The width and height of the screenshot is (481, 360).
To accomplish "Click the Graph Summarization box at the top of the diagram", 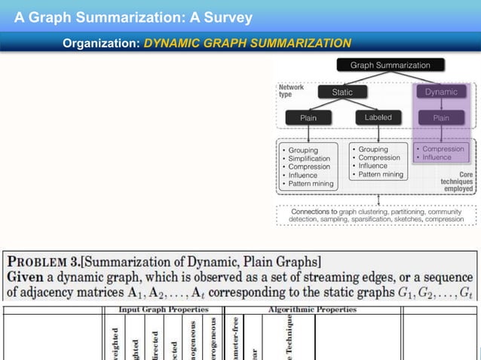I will [390, 66].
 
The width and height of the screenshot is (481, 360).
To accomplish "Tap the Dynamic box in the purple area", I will [441, 92].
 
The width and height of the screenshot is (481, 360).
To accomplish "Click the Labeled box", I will [378, 117].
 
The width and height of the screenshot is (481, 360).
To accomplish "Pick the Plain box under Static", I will [308, 117].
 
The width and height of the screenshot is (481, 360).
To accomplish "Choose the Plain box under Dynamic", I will [441, 117].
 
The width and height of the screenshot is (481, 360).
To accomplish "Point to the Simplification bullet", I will [309, 159].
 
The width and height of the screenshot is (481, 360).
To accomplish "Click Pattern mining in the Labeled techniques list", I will [381, 175].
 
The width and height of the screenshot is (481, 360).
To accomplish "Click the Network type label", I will [291, 91].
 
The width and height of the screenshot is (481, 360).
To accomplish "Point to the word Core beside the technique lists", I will [466, 174].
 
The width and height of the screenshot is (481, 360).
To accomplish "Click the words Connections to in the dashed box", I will [314, 191].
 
